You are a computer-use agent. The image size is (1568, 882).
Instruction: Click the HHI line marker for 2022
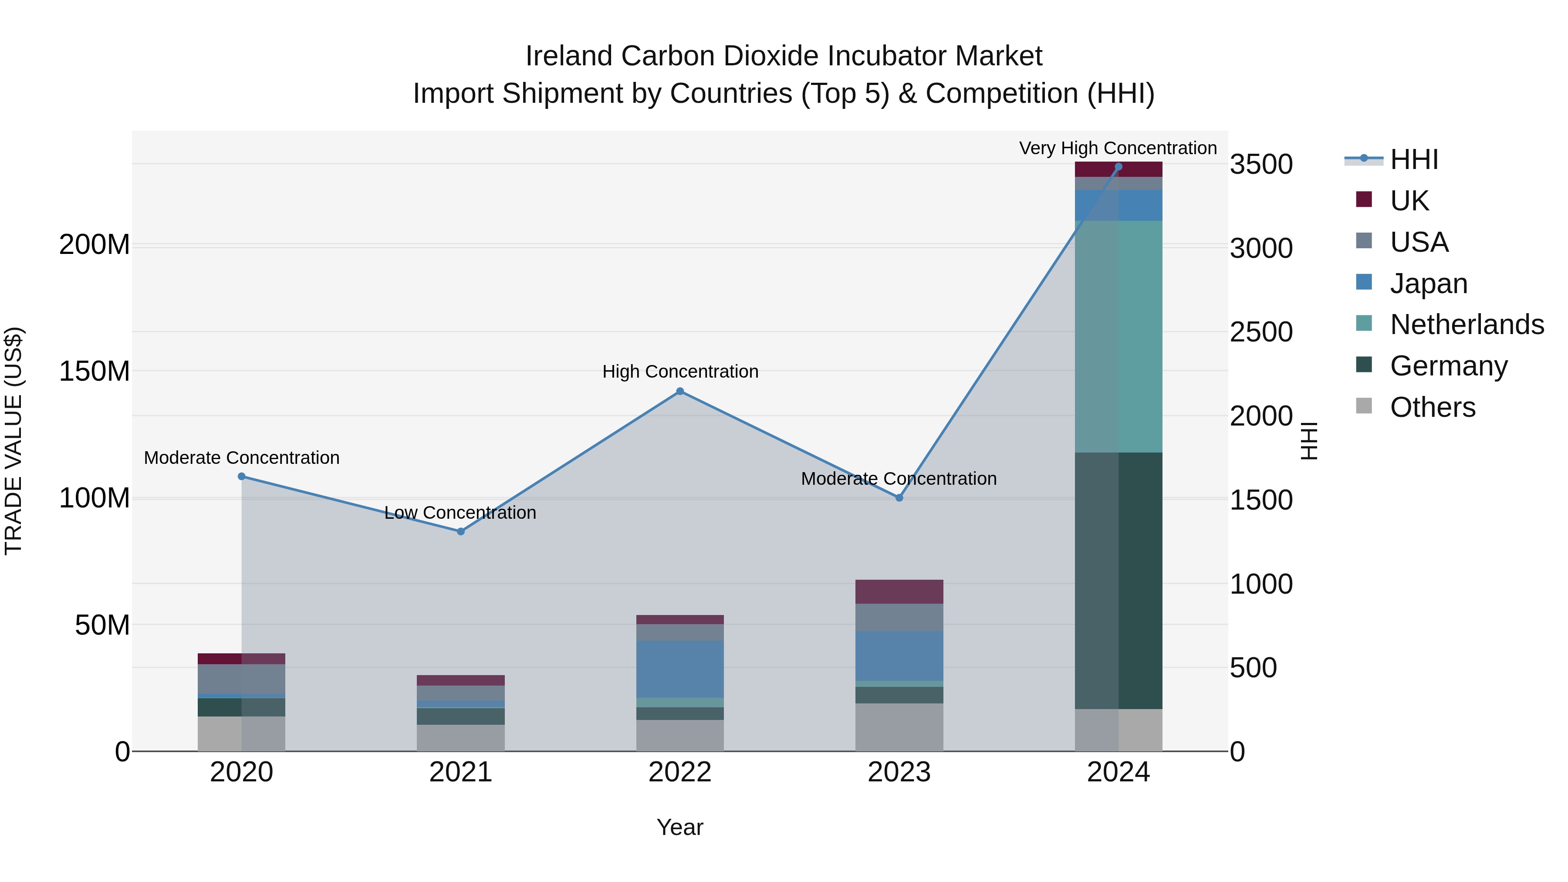coord(680,392)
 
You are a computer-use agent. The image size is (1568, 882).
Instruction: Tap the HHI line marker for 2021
coord(461,531)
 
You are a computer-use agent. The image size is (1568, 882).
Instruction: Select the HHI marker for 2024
coord(1118,167)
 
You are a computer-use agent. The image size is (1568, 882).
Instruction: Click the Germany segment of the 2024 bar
coord(1118,580)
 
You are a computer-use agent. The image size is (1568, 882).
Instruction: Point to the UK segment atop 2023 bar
coord(899,591)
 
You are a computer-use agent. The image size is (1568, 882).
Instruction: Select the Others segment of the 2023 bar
coord(899,727)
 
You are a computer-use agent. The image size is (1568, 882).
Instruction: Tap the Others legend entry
coord(1432,407)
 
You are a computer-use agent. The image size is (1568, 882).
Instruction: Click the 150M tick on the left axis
coord(95,371)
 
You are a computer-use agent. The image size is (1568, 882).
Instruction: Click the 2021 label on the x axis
coord(461,772)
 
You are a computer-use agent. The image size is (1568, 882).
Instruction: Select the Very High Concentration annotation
coord(1118,148)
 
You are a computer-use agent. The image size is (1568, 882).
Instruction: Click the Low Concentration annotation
coord(460,513)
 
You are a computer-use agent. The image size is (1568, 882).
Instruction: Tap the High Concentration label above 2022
coord(680,371)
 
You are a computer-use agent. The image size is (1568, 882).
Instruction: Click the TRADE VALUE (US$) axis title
coord(14,441)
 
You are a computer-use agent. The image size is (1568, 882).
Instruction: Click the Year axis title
coord(679,827)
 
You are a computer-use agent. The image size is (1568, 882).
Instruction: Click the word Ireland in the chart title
coord(570,56)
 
